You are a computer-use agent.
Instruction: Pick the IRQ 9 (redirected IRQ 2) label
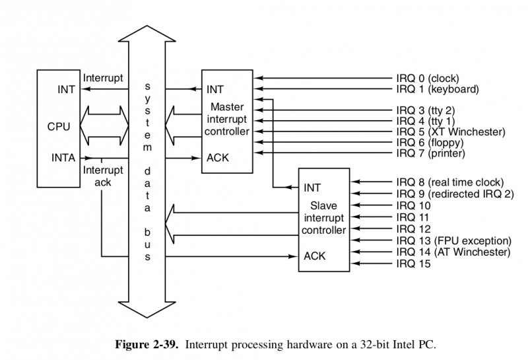(453, 194)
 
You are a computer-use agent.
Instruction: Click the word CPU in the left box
(58, 125)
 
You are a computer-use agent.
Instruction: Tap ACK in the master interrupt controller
(217, 158)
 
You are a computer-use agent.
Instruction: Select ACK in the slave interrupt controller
(315, 255)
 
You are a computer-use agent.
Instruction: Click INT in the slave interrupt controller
(312, 188)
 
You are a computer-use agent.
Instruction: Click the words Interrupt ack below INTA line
(102, 176)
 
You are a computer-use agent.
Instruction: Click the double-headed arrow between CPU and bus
(104, 126)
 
